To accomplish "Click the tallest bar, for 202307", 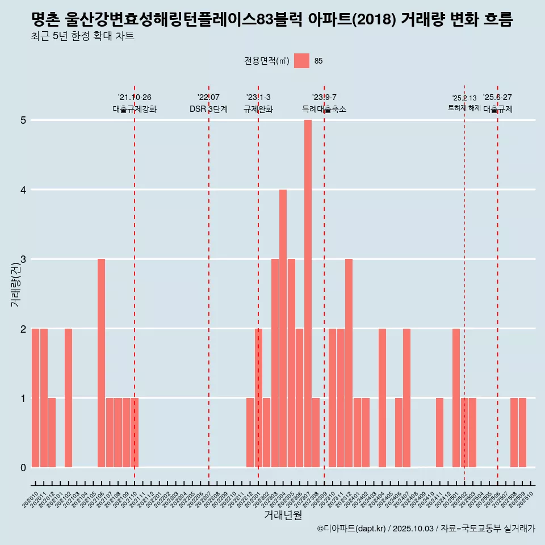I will pos(308,294).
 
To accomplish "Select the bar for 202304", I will pos(283,328).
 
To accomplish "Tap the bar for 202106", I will pos(101,363).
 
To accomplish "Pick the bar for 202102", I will pos(68,397).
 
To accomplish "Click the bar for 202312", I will pos(349,363).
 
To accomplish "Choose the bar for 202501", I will pos(456,397).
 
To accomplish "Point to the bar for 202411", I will pos(439,433).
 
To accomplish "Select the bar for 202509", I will pos(522,433).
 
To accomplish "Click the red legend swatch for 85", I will pos(301,61).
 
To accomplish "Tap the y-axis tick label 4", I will pos(24,190).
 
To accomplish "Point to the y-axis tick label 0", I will pos(24,468).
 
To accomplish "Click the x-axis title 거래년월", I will pos(283,515).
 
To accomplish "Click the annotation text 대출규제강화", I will pos(135,109).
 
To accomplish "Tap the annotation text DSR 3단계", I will pos(208,109).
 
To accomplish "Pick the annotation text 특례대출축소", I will pos(324,109).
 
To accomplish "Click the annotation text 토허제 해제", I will pos(464,108).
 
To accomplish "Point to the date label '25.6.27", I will pos(497,97).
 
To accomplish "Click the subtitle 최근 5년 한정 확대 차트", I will pos(83,37).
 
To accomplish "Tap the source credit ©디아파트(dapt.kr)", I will pos(351,529).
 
